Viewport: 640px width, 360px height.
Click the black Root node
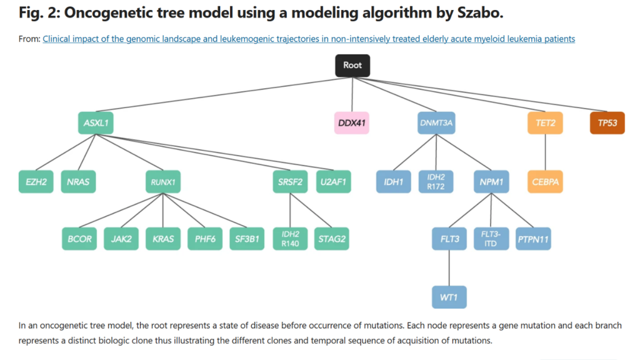(352, 65)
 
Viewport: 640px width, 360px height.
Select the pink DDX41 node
(351, 123)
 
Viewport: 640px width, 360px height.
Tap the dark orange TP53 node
(607, 123)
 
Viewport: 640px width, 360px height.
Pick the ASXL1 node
(96, 123)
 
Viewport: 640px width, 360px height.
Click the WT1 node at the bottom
(449, 297)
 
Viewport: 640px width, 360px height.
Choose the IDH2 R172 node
(436, 182)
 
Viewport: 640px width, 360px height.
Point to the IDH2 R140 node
(290, 239)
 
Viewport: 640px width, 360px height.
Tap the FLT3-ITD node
(491, 239)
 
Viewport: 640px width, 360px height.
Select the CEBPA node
(545, 182)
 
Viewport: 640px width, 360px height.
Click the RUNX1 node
(163, 182)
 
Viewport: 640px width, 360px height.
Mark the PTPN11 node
(533, 239)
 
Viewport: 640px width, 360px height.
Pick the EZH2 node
(36, 182)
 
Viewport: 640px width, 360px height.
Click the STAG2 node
(332, 239)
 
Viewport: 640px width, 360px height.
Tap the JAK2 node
(121, 239)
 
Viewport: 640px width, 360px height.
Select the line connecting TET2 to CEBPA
(545, 152)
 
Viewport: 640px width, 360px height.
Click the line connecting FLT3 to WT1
(449, 267)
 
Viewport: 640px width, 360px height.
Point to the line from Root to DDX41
(352, 94)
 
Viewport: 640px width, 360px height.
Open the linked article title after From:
(309, 39)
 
